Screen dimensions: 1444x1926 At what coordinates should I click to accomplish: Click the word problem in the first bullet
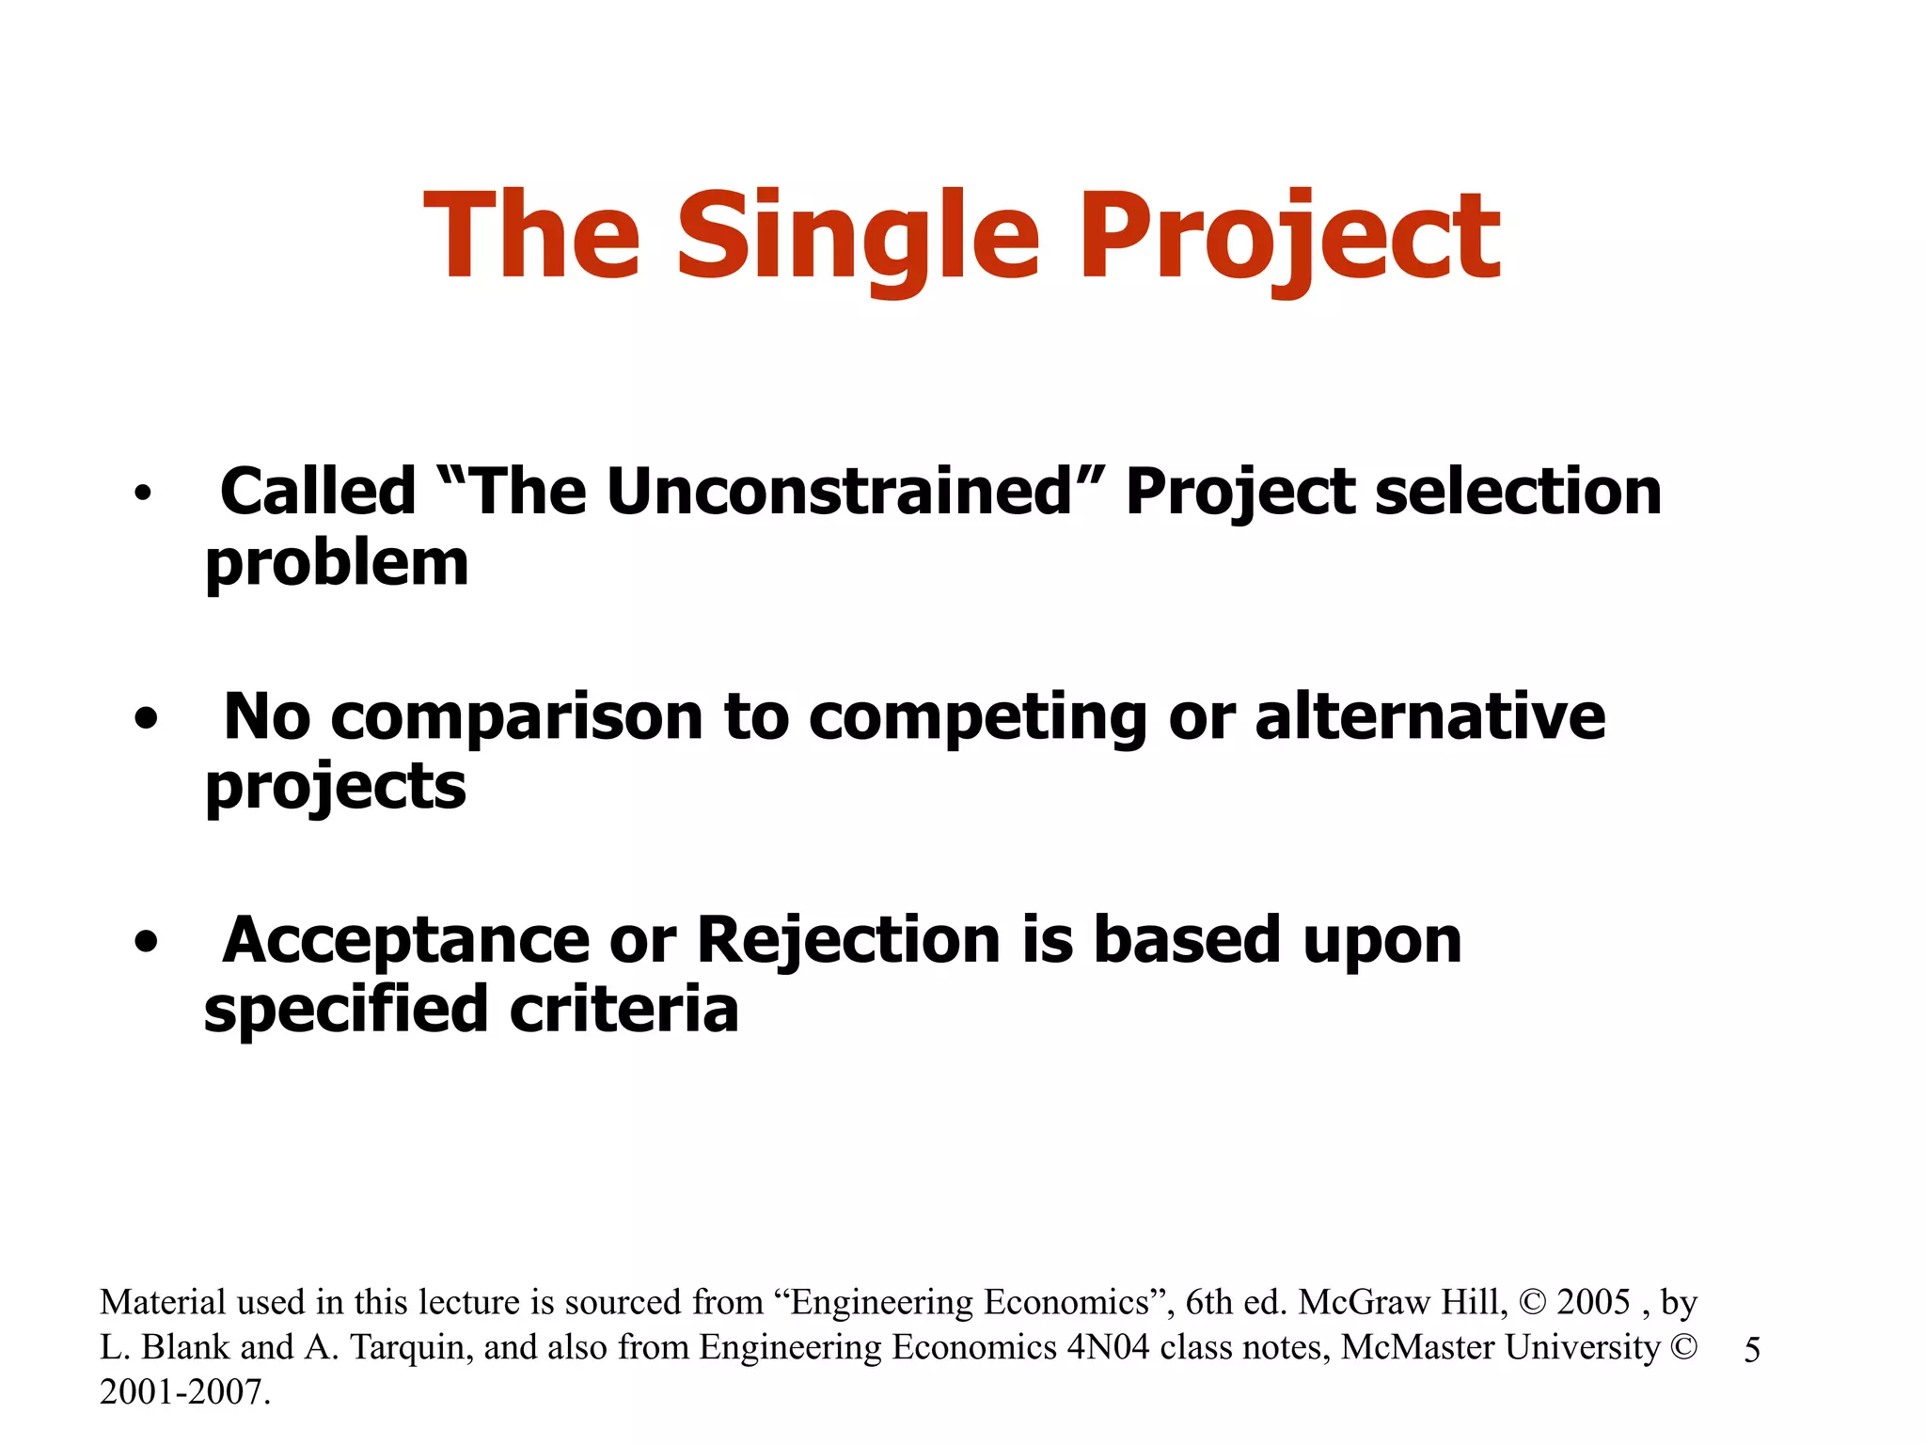pyautogui.click(x=337, y=564)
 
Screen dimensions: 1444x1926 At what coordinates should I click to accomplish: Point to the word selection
pyautogui.click(x=1518, y=492)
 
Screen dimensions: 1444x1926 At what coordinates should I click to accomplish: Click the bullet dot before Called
pyautogui.click(x=142, y=493)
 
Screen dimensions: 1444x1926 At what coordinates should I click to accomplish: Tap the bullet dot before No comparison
pyautogui.click(x=145, y=719)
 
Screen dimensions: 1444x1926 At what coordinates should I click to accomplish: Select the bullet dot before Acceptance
pyautogui.click(x=145, y=942)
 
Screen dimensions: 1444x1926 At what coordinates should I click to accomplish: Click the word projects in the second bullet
pyautogui.click(x=336, y=788)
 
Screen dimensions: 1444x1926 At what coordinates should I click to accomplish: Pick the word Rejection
pyautogui.click(x=848, y=940)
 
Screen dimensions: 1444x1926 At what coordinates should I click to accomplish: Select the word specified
pyautogui.click(x=346, y=1011)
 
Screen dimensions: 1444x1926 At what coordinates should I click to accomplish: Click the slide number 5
pyautogui.click(x=1752, y=1351)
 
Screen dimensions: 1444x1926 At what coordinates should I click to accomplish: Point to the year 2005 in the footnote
pyautogui.click(x=1593, y=1302)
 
